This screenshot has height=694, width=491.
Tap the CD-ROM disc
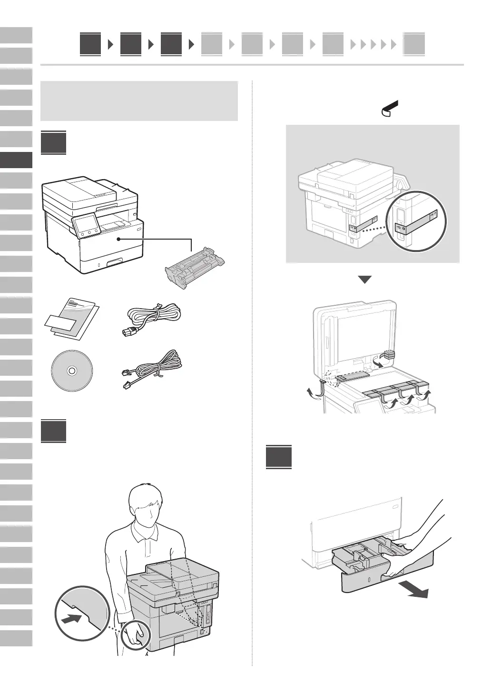coord(71,370)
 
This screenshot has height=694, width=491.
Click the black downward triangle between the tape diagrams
coord(364,280)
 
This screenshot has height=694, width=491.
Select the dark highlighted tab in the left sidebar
coord(16,160)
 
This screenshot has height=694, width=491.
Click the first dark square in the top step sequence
coord(90,45)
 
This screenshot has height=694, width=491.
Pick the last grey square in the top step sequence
coord(413,45)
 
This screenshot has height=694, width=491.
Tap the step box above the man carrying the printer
coord(53,431)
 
